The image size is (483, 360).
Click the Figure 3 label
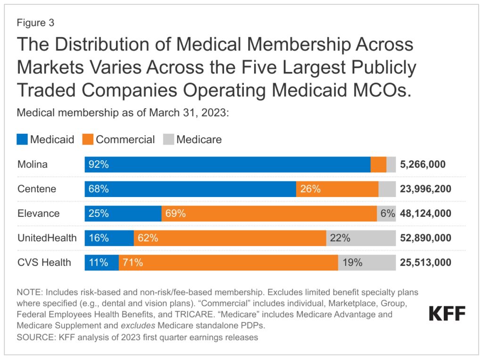[35, 22]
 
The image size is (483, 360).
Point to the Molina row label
[33, 164]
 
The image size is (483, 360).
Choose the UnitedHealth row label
[47, 238]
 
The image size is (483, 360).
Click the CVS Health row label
[44, 262]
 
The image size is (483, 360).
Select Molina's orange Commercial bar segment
[378, 164]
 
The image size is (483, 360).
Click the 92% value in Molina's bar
[100, 164]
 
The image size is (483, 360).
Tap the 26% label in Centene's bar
[311, 189]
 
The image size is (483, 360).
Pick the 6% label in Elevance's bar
[388, 213]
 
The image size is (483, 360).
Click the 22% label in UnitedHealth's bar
[340, 238]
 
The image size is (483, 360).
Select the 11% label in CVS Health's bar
[99, 262]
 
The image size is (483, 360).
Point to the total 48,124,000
[425, 213]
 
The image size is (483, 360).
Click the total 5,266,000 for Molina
[422, 164]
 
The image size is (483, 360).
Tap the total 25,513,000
[425, 262]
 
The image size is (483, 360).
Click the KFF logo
[447, 313]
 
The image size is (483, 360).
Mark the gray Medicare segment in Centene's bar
[387, 189]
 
